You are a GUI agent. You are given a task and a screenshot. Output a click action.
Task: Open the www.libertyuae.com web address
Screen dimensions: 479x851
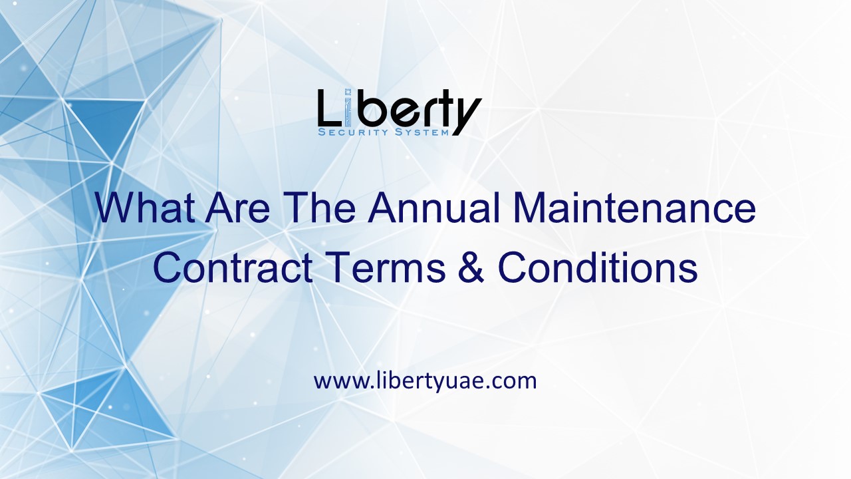(425, 381)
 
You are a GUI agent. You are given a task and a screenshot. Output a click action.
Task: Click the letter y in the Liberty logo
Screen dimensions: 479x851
(465, 116)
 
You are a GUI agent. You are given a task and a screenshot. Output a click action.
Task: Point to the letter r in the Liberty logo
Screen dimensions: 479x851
(425, 113)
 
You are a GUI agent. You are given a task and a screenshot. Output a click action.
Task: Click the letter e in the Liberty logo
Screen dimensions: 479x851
(402, 113)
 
